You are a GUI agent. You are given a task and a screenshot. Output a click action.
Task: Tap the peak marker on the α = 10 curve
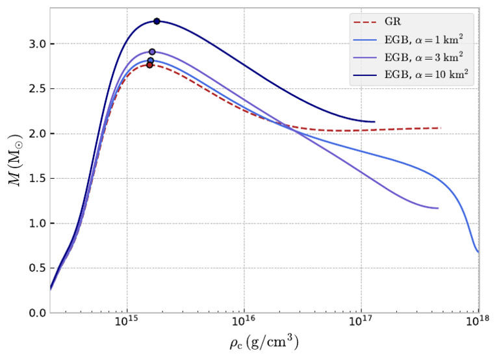(157, 21)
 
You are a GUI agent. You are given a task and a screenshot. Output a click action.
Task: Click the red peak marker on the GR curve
(149, 65)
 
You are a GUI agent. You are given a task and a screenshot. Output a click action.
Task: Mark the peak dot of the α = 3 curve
(152, 52)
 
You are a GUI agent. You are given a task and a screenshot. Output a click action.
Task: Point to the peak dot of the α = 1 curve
(151, 60)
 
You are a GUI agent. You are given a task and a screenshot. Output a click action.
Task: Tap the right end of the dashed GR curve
(440, 128)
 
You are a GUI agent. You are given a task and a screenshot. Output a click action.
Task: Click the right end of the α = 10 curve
(374, 122)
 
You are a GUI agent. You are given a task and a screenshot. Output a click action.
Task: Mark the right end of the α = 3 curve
(438, 208)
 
